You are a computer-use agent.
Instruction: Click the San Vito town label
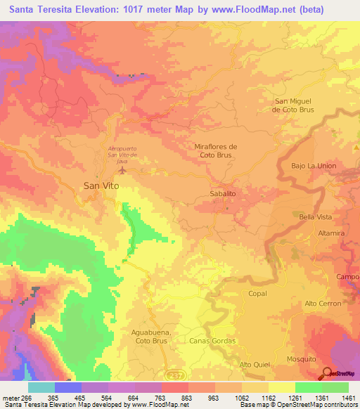(101, 186)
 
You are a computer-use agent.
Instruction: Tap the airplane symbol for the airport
(124, 170)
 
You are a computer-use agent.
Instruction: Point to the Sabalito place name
(222, 192)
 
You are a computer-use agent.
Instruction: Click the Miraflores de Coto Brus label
(215, 150)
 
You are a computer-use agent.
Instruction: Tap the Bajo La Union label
(314, 166)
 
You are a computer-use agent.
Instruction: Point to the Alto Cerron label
(323, 303)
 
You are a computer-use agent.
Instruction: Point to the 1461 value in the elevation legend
(348, 398)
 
